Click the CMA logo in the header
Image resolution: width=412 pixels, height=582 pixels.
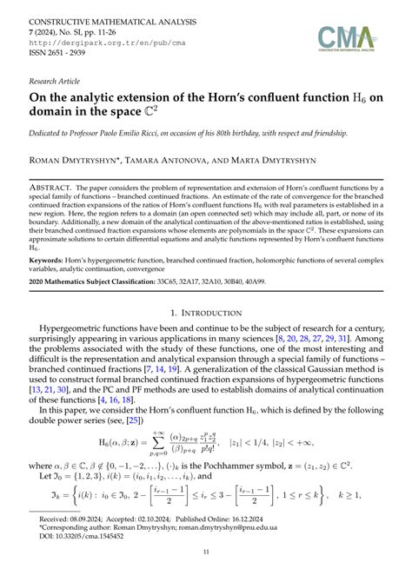(347, 37)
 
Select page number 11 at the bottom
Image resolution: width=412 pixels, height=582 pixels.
(206, 574)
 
